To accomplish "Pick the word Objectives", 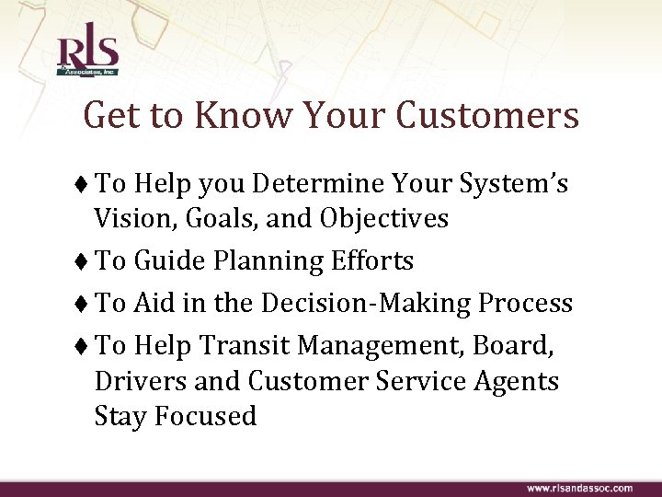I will [x=379, y=219].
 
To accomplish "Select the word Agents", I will [x=519, y=381].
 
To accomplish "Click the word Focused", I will [x=205, y=416].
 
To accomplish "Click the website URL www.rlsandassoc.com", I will [x=579, y=487].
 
